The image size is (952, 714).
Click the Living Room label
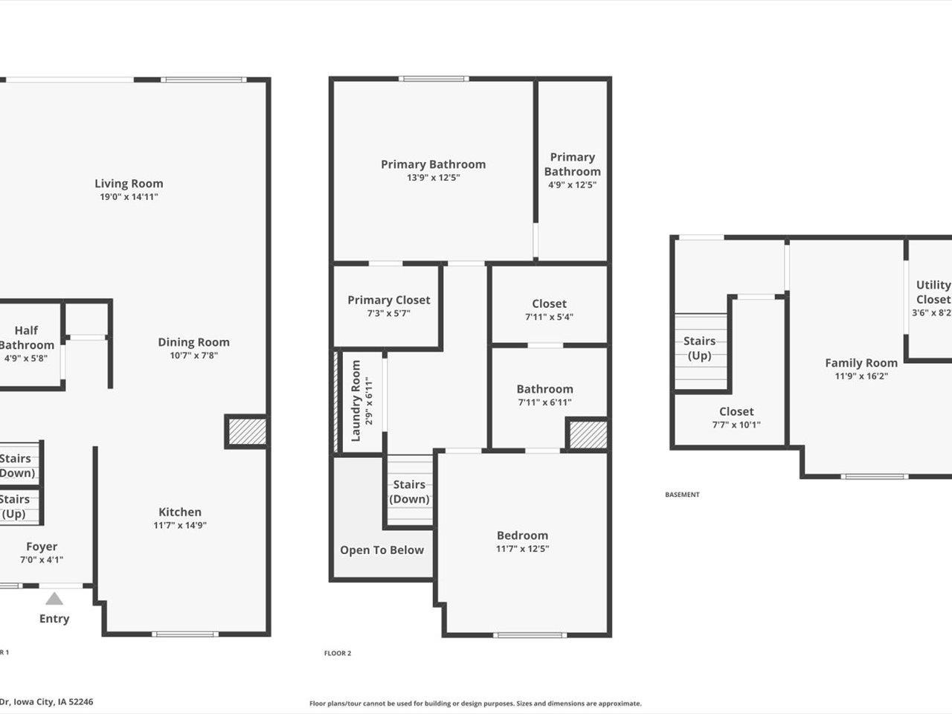point(129,184)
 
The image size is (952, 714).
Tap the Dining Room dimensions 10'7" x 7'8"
point(193,356)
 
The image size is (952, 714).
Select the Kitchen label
point(180,512)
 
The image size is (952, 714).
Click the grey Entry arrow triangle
point(54,598)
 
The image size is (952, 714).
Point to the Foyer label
point(42,547)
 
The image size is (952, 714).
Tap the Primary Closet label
point(389,300)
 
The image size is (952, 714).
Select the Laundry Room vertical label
point(356,401)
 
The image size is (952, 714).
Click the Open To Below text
point(382,550)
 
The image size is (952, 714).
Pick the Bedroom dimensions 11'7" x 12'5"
point(523,549)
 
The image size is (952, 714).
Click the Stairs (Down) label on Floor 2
point(409,492)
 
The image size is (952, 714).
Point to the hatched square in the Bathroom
point(588,434)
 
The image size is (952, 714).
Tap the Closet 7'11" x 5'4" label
point(549,303)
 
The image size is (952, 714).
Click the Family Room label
point(861,363)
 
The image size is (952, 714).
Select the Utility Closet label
point(933,292)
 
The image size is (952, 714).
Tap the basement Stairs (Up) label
point(699,348)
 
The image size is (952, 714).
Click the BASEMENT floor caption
point(682,495)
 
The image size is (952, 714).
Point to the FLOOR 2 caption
point(338,653)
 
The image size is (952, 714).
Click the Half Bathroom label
point(26,338)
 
